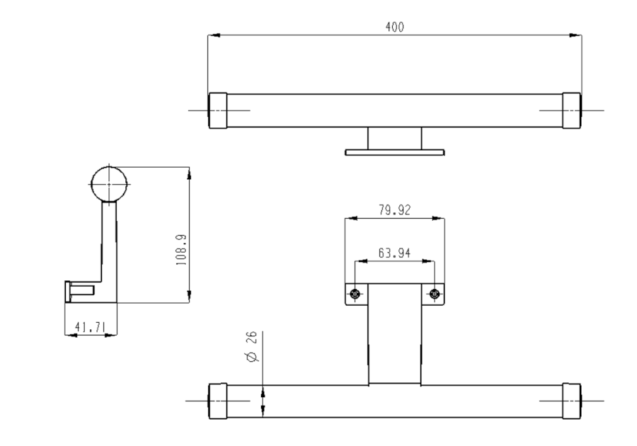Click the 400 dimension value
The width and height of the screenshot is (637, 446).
pyautogui.click(x=394, y=27)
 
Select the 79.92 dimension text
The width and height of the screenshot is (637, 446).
pyautogui.click(x=394, y=210)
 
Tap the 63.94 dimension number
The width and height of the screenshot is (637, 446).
pyautogui.click(x=394, y=253)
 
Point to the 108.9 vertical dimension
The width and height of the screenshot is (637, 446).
pyautogui.click(x=182, y=250)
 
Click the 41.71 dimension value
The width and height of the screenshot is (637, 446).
pyautogui.click(x=90, y=327)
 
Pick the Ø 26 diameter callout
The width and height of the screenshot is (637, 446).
pyautogui.click(x=252, y=346)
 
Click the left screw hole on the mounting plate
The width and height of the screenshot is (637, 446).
pyautogui.click(x=355, y=293)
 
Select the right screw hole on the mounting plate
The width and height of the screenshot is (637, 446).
pyautogui.click(x=435, y=293)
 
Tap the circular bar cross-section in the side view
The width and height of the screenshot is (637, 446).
pyautogui.click(x=109, y=184)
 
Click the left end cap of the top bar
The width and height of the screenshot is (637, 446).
pyautogui.click(x=218, y=110)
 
